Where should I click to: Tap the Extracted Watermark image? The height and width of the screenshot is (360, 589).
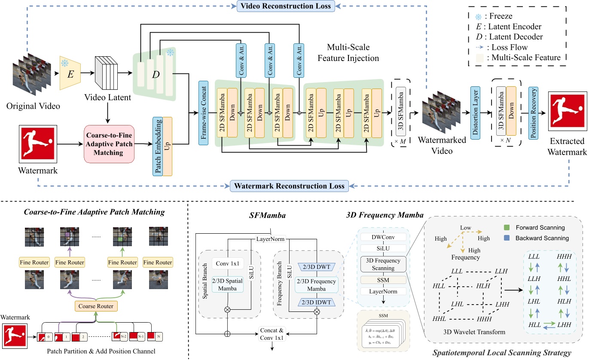coord(566,112)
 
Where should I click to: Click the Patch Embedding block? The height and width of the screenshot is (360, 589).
coord(157,146)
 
